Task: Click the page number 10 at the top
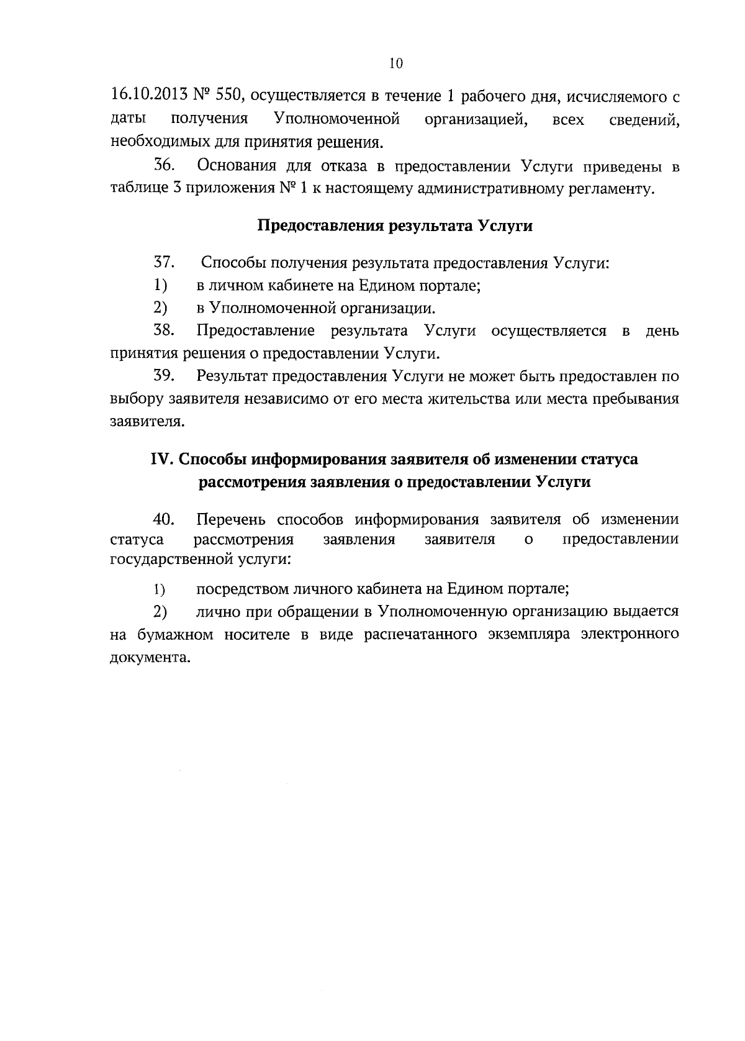[x=396, y=63]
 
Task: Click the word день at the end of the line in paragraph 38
[x=662, y=331]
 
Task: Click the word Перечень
[x=230, y=519]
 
